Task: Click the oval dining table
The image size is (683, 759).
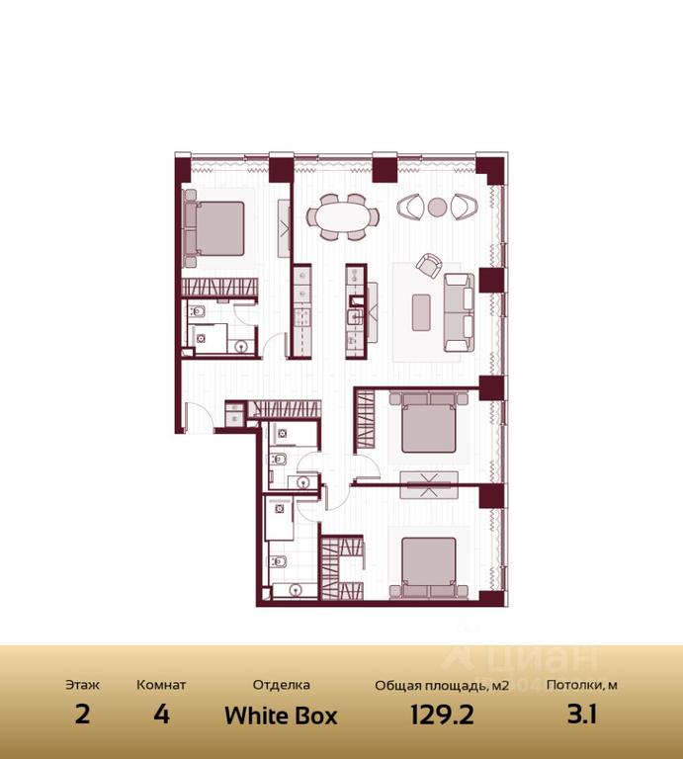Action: click(343, 216)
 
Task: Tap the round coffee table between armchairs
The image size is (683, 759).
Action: click(437, 208)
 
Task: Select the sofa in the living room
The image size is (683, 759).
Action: click(459, 312)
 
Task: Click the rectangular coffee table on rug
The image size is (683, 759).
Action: click(421, 312)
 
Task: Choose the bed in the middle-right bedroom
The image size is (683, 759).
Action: click(429, 422)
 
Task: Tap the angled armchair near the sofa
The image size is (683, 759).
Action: click(429, 265)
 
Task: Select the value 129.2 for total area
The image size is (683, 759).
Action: click(442, 715)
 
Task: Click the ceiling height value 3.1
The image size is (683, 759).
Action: click(582, 715)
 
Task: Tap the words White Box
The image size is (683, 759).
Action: click(281, 716)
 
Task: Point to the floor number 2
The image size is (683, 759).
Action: click(82, 715)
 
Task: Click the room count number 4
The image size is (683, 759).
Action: click(161, 715)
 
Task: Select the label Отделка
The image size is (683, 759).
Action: click(282, 685)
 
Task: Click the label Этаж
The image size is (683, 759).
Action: click(82, 685)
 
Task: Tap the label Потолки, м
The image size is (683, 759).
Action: click(582, 686)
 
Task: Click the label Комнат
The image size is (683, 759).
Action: click(161, 685)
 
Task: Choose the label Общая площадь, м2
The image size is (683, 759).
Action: click(442, 686)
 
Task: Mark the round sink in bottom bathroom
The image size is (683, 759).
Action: click(295, 590)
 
